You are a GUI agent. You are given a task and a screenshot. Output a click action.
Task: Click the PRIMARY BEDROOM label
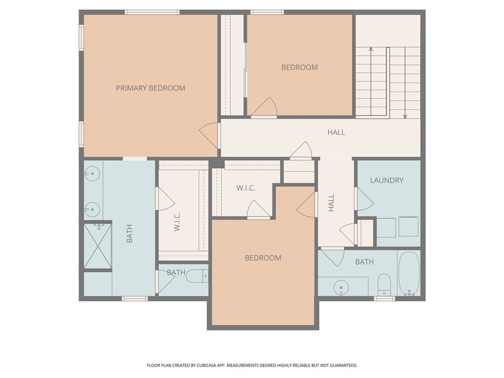(151, 88)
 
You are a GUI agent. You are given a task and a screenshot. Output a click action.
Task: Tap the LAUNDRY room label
(386, 181)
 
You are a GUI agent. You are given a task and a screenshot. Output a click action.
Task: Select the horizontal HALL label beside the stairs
(336, 132)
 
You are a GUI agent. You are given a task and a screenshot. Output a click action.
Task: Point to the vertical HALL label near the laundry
(331, 203)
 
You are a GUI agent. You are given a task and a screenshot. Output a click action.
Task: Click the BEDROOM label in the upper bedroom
(299, 67)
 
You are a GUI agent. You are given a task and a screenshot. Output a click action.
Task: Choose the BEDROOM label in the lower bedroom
(263, 258)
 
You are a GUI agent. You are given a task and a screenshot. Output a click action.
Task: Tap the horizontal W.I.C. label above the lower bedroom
(246, 188)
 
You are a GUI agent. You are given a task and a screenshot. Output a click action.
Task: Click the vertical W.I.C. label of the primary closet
(177, 221)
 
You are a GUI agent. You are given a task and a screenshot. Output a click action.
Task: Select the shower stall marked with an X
(97, 246)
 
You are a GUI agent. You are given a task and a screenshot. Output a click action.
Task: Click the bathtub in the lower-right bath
(409, 274)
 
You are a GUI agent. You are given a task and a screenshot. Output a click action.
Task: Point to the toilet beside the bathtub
(384, 284)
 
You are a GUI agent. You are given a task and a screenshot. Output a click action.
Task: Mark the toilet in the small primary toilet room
(197, 277)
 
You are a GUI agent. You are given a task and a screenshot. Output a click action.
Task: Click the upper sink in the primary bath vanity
(92, 173)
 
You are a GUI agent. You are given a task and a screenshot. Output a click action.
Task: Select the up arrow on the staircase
(371, 49)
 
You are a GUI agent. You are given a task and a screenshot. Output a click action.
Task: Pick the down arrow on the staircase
(405, 116)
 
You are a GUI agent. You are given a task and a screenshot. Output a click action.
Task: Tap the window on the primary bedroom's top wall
(152, 12)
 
